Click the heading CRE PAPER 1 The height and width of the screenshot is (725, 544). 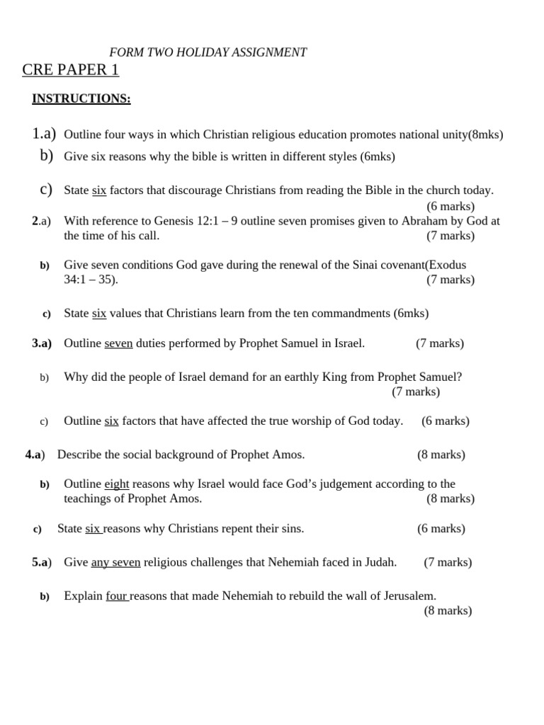[71, 70]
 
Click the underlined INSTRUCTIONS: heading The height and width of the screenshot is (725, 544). [81, 99]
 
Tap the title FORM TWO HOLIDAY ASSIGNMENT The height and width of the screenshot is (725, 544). [208, 52]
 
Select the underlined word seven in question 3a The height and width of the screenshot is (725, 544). [118, 343]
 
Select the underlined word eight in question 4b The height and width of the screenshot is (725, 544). [117, 484]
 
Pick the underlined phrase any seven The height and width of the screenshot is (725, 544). [115, 562]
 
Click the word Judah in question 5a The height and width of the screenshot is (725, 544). [380, 562]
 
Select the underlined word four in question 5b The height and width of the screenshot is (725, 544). [117, 595]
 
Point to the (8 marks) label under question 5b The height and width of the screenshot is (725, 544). [448, 610]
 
